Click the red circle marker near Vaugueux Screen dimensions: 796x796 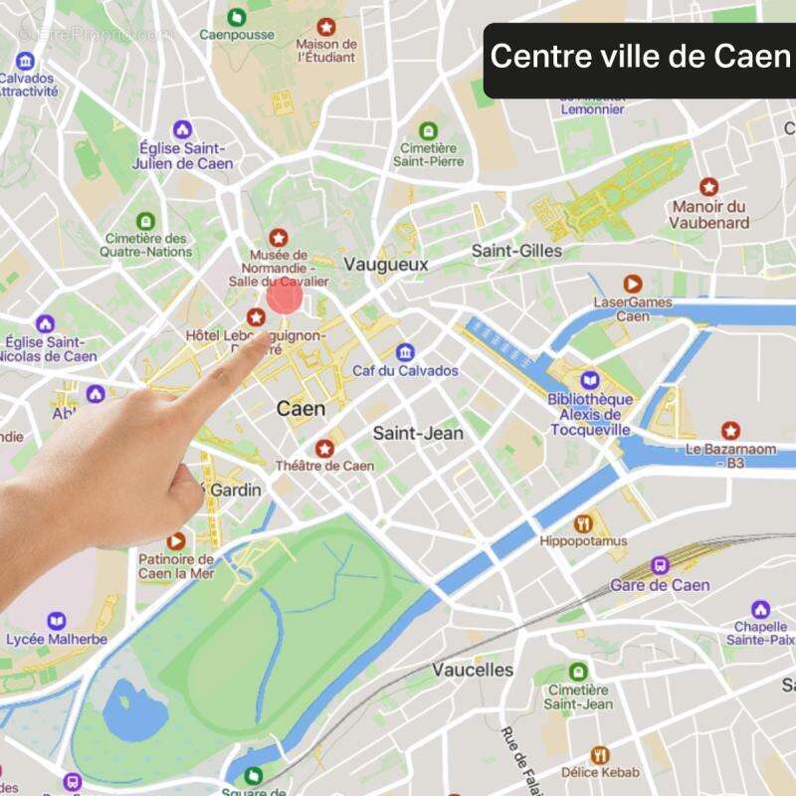pos(285,297)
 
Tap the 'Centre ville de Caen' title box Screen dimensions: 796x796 pos(639,58)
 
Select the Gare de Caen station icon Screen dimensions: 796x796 pos(660,565)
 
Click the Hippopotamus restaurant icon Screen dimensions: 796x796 pos(584,522)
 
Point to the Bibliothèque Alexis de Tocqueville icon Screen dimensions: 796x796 pos(590,381)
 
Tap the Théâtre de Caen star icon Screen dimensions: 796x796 pos(324,449)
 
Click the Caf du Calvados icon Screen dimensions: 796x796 pos(405,352)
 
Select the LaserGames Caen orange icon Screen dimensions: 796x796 pos(633,285)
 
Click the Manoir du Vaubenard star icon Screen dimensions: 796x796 pos(708,187)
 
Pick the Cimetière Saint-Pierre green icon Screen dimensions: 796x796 pos(429,130)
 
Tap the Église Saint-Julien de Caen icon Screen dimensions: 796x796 pos(182,129)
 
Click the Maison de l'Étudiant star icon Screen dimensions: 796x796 pos(326,26)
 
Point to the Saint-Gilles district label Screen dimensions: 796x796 pos(516,251)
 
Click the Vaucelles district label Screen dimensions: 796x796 pos(473,670)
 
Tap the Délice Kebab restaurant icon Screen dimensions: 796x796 pos(599,756)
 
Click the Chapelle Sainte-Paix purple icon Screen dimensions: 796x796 pos(760,609)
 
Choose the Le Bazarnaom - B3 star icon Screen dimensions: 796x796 pos(731,431)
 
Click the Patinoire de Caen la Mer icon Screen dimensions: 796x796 pos(176,541)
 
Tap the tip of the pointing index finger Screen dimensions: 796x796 pos(261,339)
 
